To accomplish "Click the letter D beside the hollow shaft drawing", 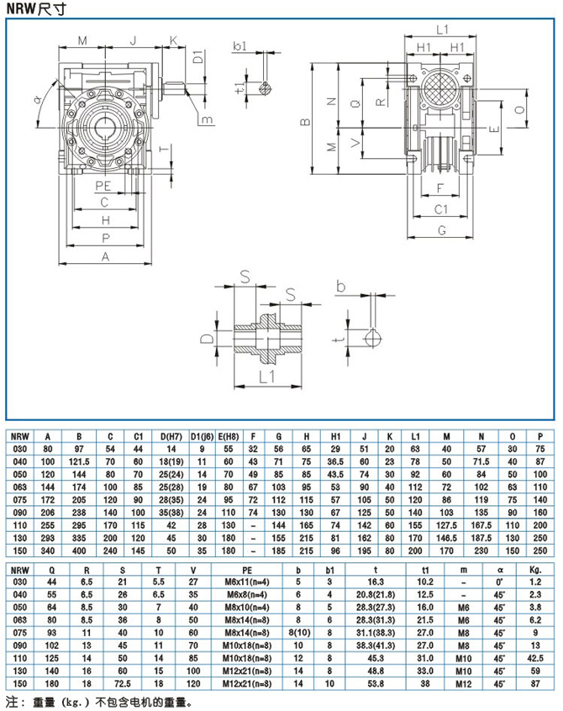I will [x=207, y=339].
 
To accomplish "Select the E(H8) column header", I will [x=228, y=436].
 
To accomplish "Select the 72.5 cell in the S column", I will [x=111, y=685].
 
